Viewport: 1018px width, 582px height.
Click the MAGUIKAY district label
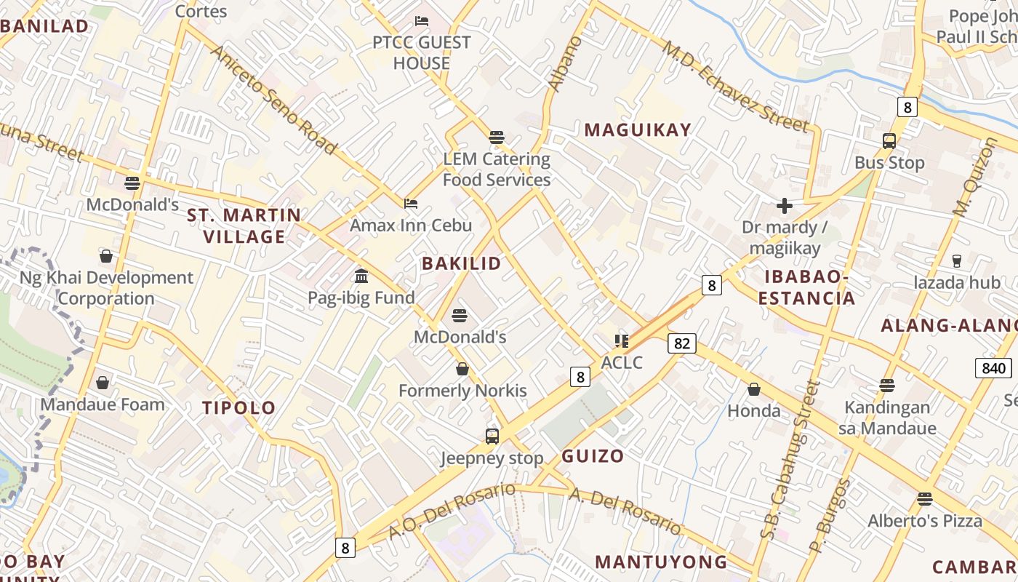point(638,130)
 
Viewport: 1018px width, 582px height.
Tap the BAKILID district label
point(462,263)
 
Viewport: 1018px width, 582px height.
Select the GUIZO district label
point(593,456)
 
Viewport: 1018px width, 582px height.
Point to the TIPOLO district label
point(239,407)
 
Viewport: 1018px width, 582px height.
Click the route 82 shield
point(681,343)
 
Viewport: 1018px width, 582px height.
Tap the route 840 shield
point(993,368)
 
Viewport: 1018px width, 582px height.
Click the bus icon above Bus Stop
point(889,141)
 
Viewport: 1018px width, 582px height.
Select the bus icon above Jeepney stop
point(492,436)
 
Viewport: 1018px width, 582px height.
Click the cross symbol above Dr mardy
point(784,206)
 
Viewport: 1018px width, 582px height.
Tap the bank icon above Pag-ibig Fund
point(361,276)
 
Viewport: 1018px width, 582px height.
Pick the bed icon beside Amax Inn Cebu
point(411,204)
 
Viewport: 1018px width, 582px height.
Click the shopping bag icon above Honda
point(754,389)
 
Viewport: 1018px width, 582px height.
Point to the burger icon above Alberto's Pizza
point(924,499)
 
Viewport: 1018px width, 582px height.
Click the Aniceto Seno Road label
point(273,100)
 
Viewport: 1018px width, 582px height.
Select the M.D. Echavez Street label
point(734,87)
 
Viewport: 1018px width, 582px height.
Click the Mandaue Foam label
point(103,404)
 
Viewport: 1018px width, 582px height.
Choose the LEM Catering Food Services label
point(497,169)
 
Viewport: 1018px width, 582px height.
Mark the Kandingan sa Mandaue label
point(887,418)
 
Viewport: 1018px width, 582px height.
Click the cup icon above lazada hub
point(956,260)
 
